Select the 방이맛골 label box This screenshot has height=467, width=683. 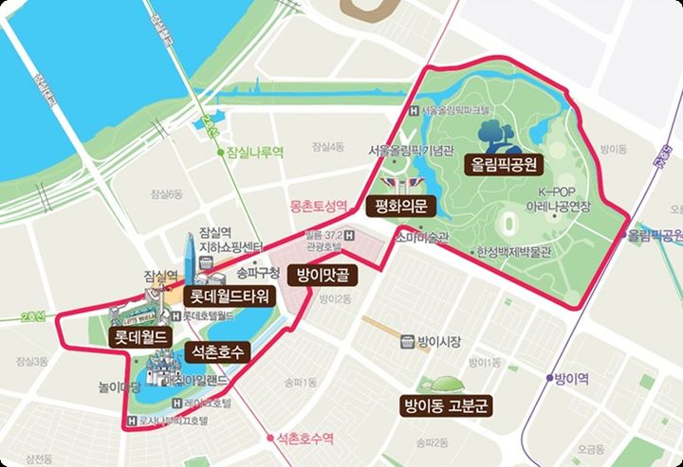click(x=322, y=275)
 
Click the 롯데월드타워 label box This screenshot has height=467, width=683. click(x=230, y=296)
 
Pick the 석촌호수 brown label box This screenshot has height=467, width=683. click(x=217, y=352)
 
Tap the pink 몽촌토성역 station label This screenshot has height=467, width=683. click(x=318, y=206)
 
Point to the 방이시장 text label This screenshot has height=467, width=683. click(x=438, y=339)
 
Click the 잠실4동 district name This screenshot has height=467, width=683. click(x=327, y=147)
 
